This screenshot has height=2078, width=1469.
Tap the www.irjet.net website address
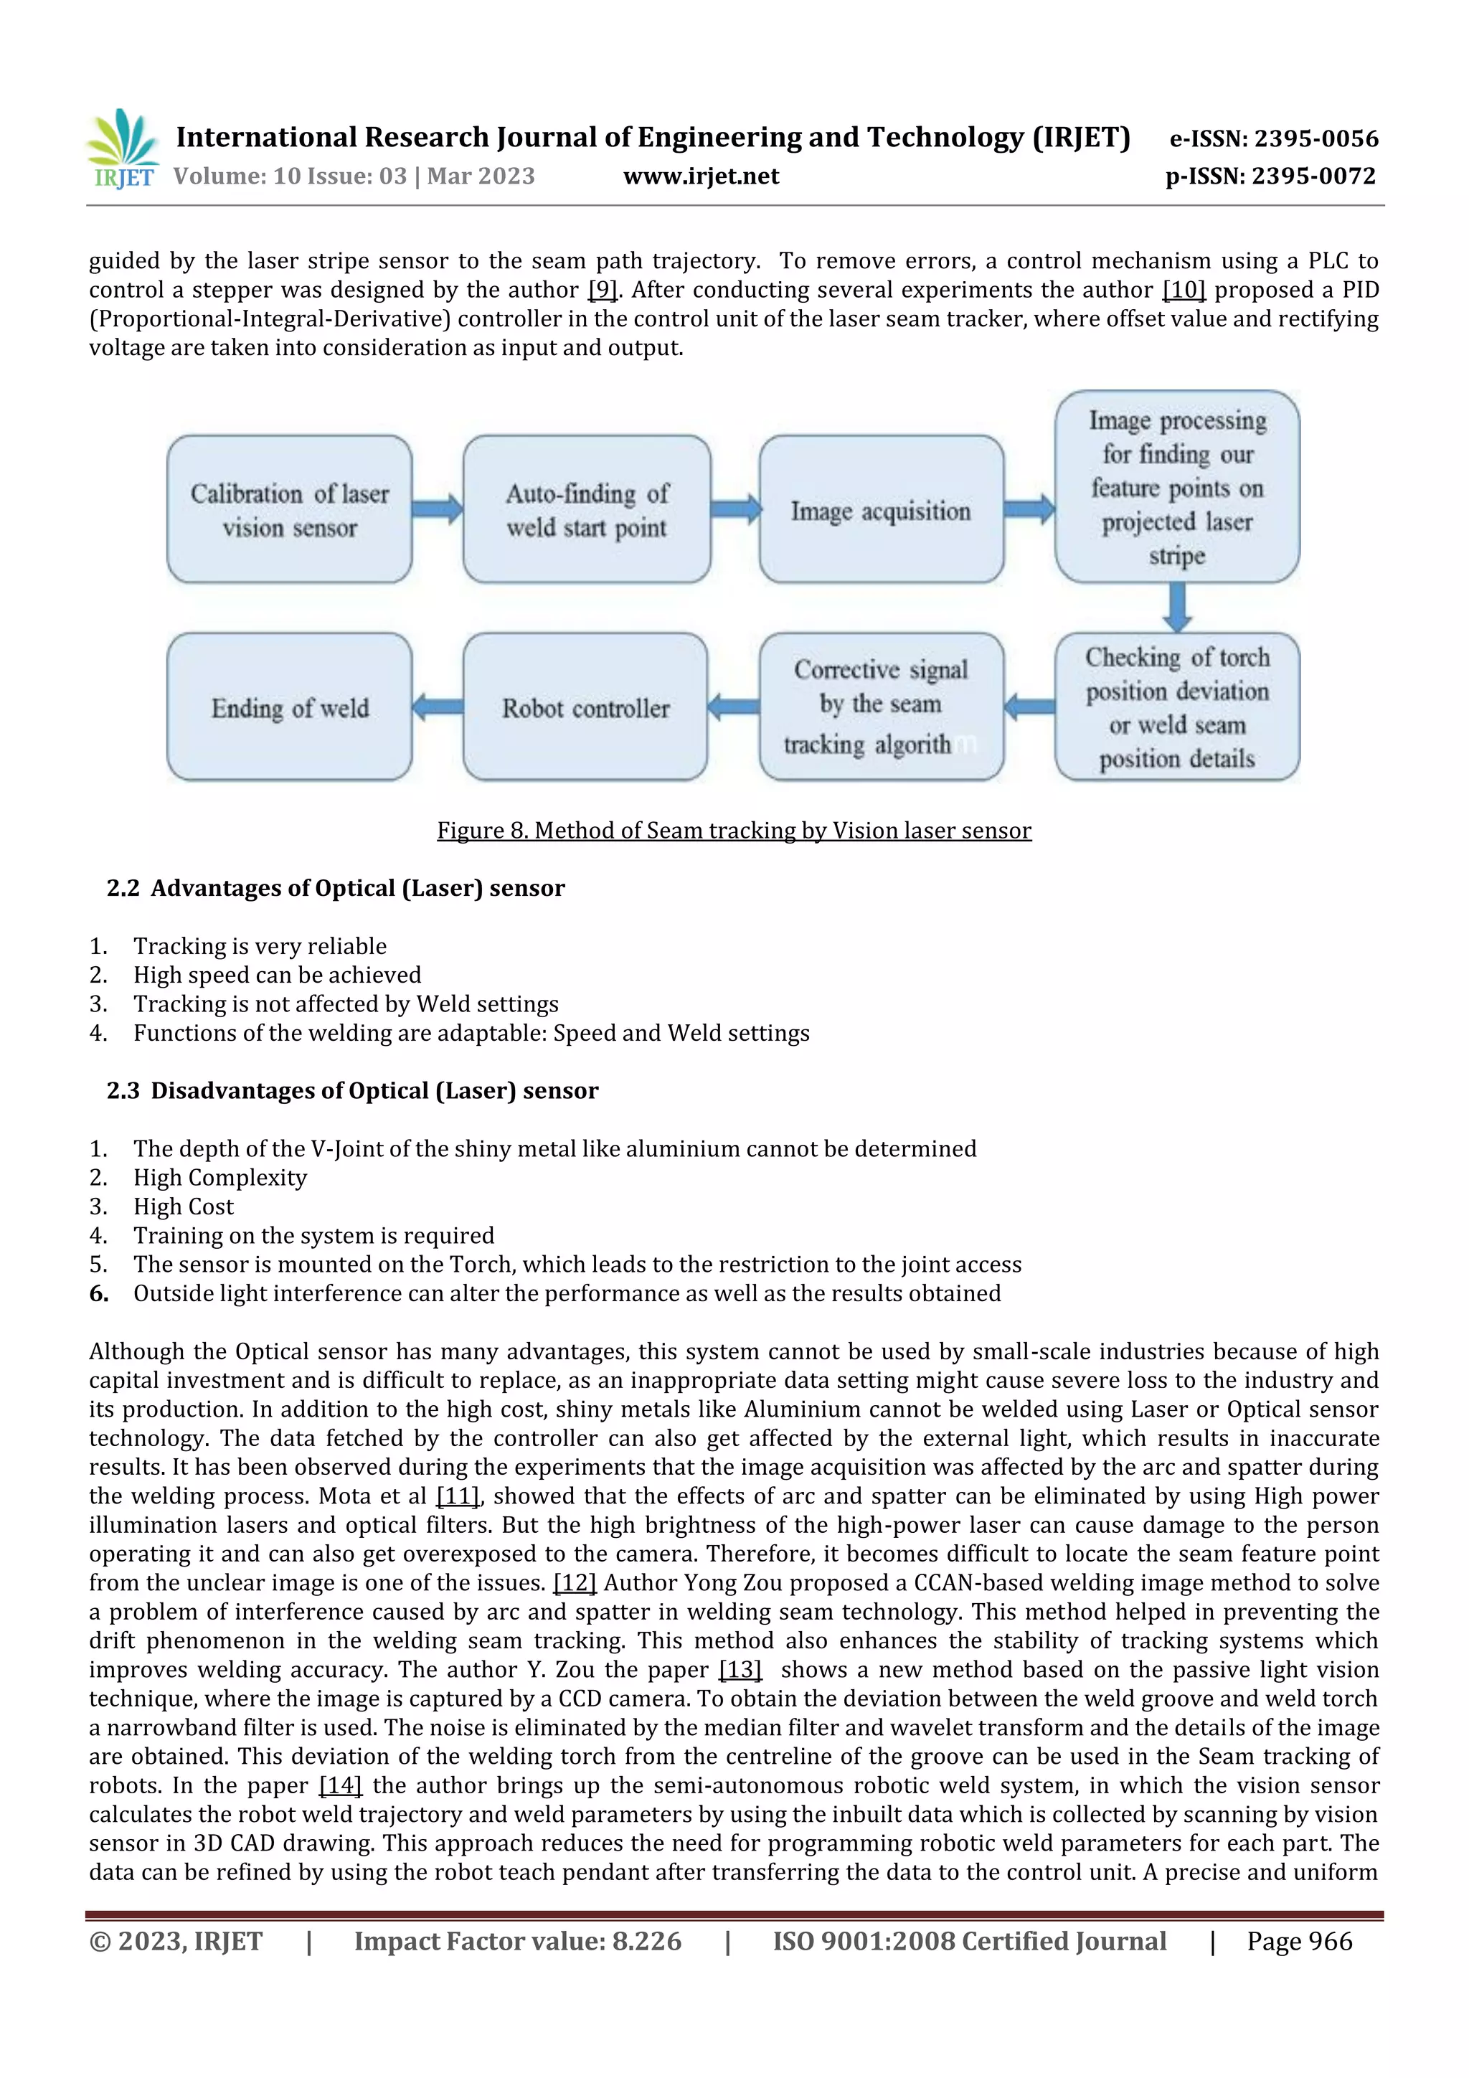pos(701,176)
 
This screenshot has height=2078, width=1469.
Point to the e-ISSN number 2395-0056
pos(1273,138)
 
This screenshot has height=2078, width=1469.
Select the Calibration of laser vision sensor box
pos(290,509)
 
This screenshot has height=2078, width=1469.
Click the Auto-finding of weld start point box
pos(587,509)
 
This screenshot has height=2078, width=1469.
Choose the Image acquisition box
pos(881,509)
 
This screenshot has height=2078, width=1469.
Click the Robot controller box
pos(585,707)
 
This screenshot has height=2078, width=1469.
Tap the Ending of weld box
pos(290,707)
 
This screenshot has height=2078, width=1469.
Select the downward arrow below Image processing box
pos(1176,606)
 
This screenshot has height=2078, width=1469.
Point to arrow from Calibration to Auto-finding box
pos(437,509)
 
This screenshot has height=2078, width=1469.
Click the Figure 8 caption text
pos(734,830)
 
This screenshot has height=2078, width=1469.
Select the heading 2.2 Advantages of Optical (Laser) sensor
pos(336,888)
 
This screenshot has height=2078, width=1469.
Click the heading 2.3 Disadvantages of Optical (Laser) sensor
pos(352,1090)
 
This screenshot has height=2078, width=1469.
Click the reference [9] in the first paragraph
pos(603,290)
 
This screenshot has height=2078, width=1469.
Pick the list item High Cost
pos(184,1206)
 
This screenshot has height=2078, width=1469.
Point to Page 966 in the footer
pos(1299,1940)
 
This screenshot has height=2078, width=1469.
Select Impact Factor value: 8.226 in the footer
pos(518,1940)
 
